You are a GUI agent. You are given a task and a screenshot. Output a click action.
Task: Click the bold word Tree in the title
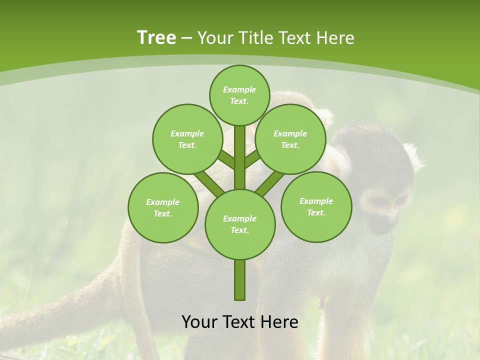point(156,37)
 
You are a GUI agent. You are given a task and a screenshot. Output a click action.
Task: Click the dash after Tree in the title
point(186,38)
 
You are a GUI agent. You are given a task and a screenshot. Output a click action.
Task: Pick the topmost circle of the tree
point(239,95)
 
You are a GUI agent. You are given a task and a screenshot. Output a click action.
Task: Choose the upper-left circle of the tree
point(187,139)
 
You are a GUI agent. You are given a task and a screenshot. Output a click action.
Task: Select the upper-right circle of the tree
point(290,139)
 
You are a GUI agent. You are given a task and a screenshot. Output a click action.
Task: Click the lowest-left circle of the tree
point(163,207)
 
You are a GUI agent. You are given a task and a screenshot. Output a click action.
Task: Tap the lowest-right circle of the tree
point(316,206)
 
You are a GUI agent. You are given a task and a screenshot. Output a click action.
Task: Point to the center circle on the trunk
point(240,224)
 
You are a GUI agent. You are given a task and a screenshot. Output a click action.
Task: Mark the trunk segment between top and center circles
point(240,157)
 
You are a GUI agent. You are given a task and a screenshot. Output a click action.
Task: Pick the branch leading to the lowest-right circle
point(270,182)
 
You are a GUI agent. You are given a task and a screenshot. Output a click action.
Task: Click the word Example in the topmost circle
point(239,89)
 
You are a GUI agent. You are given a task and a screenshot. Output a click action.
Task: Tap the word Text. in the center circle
point(239,230)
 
